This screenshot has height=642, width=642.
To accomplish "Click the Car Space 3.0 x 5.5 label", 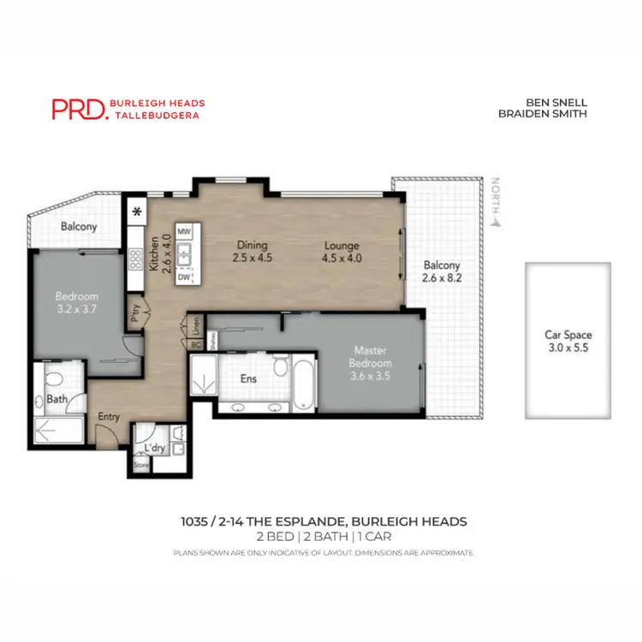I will pos(568,342).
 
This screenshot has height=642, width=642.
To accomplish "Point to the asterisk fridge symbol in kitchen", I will pos(135,213).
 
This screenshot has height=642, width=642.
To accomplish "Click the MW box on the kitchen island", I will pos(183,232).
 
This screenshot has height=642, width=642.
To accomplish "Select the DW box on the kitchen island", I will pos(183,277).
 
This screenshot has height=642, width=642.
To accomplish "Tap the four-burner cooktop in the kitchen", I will pos(135,259).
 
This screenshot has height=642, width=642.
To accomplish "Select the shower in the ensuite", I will pos(203,376).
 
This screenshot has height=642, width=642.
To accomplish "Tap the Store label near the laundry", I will pos(140,467).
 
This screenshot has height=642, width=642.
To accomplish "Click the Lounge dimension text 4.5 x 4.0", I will pos(341,258).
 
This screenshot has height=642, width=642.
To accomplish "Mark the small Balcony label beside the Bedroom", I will pos(78,228).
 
